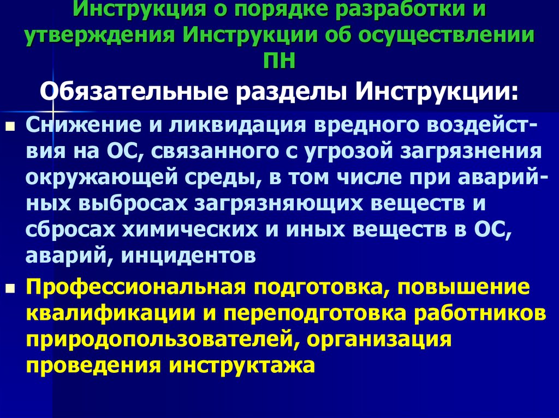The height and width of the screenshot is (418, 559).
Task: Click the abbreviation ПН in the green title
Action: [279, 60]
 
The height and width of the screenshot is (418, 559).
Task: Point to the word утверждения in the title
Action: [99, 35]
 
